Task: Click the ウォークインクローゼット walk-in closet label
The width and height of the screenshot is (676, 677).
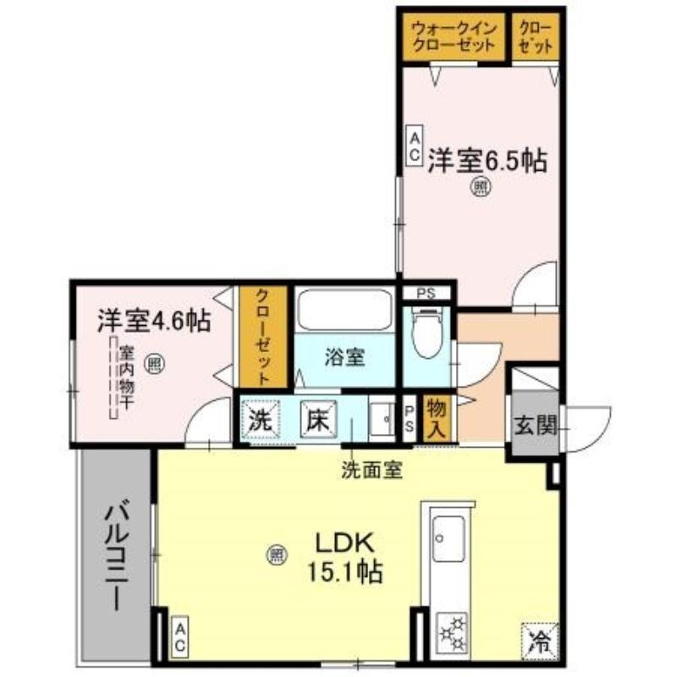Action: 453,37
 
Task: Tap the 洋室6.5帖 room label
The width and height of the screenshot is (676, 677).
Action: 487,161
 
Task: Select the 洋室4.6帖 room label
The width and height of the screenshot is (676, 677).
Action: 154,321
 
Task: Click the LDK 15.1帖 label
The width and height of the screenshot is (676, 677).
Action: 344,557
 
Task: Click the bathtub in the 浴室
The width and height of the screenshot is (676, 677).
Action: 345,311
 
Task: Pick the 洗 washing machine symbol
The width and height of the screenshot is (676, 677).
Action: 261,420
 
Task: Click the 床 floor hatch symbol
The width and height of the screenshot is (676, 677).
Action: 318,420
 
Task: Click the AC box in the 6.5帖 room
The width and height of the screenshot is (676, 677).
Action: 415,146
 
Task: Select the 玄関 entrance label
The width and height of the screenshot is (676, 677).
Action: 536,425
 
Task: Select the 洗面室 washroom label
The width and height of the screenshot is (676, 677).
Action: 372,470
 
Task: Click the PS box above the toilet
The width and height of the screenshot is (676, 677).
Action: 426,294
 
